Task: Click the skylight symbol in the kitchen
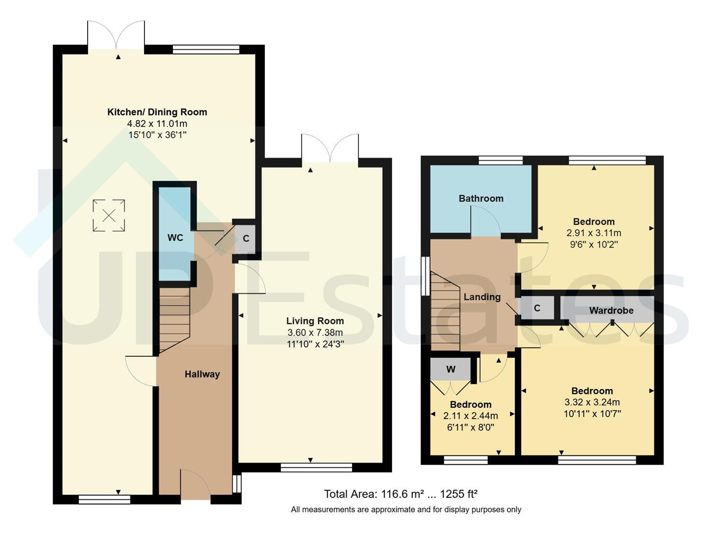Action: pos(109,215)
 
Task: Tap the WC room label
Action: pos(175,238)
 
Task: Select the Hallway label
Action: pos(202,374)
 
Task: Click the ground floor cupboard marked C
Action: pos(246,239)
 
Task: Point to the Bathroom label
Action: pos(481,199)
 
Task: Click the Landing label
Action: pos(482,297)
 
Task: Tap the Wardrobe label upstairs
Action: pos(611,311)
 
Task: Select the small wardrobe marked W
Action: pos(451,369)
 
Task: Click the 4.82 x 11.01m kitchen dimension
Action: pos(157,123)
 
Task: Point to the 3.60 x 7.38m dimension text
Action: pos(315,332)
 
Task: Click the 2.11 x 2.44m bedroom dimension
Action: pos(470,416)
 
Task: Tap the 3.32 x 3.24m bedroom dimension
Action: pos(592,402)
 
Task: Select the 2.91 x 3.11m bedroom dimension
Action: pos(594,233)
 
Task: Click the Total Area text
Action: pos(400,494)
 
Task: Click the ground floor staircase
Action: pos(174,321)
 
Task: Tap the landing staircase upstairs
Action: pos(445,312)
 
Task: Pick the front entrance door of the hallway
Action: pos(196,484)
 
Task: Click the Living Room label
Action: pos(315,321)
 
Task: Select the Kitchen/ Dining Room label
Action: pos(157,112)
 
